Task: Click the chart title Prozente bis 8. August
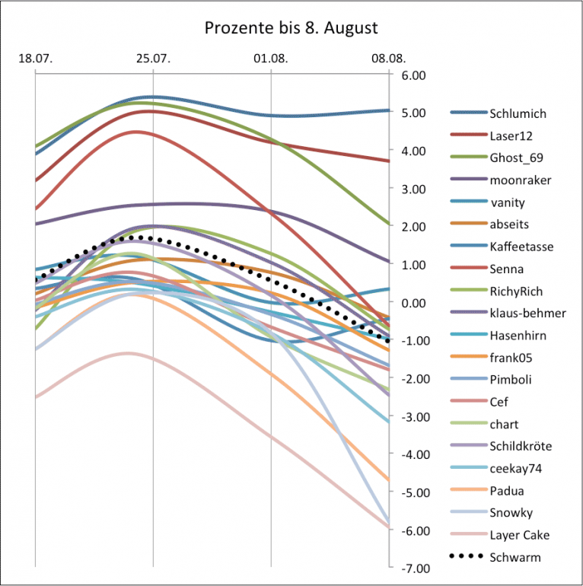point(291,28)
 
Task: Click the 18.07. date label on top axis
point(34,59)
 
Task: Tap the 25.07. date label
point(152,59)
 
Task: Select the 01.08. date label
point(271,59)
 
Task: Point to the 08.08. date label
point(388,59)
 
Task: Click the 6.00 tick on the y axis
point(409,75)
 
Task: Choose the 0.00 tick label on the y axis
point(409,303)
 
